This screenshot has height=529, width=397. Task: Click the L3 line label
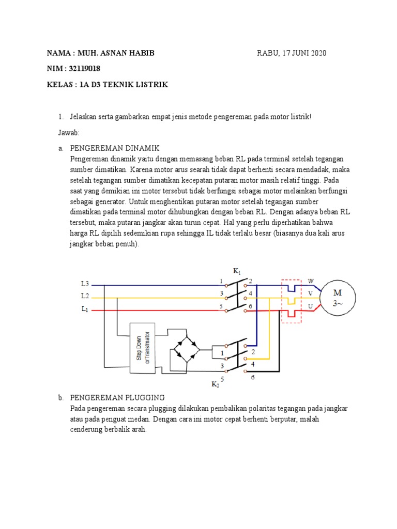point(85,284)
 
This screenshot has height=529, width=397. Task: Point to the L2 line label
point(85,297)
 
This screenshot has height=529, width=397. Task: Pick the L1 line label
point(85,309)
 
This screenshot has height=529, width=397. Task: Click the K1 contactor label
point(237,271)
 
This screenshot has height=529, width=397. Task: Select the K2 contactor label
point(215,384)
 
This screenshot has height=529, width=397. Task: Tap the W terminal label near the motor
point(311,282)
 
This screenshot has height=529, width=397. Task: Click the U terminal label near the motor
point(311,307)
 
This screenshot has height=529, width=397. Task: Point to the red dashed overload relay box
point(291,301)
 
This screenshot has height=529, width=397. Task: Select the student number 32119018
point(84,69)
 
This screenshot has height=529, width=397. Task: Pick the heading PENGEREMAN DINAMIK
point(115,148)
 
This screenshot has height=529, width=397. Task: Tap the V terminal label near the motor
point(311,294)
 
